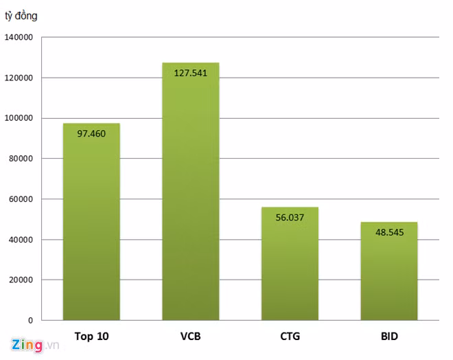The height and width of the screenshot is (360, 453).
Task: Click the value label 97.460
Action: [x=91, y=133]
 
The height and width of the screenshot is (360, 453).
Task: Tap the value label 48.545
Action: [x=388, y=232]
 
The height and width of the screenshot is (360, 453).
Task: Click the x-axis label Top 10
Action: [x=91, y=337]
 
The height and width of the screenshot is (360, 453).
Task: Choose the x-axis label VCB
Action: [x=190, y=337]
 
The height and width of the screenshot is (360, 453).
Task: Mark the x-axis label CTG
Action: [x=290, y=337]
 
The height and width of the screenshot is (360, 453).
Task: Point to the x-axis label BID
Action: [x=388, y=337]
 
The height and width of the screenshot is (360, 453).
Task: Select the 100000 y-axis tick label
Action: [x=19, y=118]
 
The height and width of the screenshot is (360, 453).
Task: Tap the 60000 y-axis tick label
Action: [x=21, y=199]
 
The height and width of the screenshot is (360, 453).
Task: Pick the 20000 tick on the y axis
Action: [x=21, y=280]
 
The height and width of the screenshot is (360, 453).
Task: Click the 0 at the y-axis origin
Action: [x=30, y=320]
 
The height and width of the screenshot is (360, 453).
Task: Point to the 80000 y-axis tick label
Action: [x=21, y=159]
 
